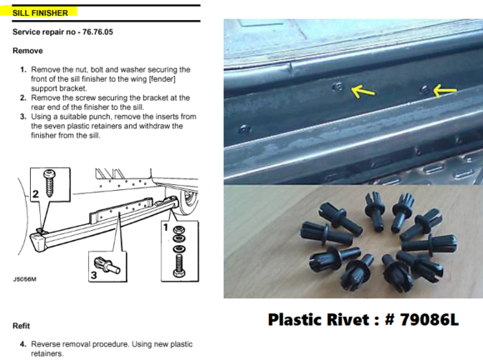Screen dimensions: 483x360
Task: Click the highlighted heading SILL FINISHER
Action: click(x=40, y=13)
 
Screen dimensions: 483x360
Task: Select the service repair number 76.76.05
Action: click(x=97, y=32)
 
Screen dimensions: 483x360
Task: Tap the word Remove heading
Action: click(x=27, y=51)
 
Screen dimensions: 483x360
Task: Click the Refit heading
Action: click(x=22, y=326)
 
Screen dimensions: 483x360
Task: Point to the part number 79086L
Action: click(x=429, y=320)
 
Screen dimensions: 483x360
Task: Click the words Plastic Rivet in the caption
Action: click(x=318, y=320)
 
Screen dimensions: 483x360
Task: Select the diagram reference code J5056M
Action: click(x=24, y=279)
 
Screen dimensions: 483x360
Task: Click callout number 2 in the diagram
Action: click(x=36, y=194)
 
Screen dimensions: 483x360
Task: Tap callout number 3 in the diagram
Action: click(x=93, y=274)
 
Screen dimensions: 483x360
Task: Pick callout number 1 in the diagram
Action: click(x=166, y=227)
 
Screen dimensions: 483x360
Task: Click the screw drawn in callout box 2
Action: click(x=49, y=182)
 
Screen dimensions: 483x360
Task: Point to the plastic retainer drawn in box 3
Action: click(x=107, y=265)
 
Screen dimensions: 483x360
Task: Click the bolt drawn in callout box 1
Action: click(x=179, y=266)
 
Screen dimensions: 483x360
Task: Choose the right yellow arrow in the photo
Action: click(x=445, y=91)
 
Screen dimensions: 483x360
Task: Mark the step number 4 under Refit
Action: click(x=23, y=344)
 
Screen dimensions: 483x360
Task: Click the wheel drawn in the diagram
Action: click(x=187, y=202)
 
